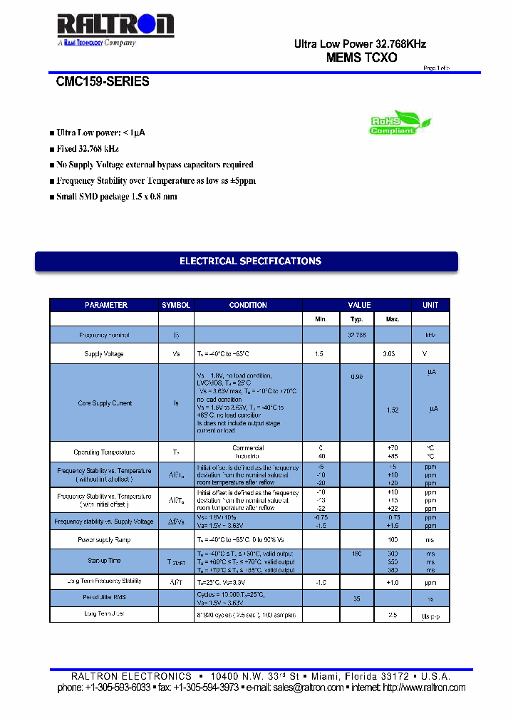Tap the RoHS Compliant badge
coord(394,123)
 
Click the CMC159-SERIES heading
coord(103,82)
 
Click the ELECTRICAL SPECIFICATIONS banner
coord(247,261)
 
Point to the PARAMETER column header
coord(105,305)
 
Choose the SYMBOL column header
coord(176,305)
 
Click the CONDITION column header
coord(248,305)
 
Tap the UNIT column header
coord(430,305)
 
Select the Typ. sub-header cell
coord(356,319)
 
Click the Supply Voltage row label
coord(104,354)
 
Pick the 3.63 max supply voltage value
coord(389,354)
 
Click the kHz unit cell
coord(430,335)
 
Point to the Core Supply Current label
coord(105,403)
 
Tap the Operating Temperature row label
coord(104,452)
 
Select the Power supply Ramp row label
coord(104,540)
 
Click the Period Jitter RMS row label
coord(104,596)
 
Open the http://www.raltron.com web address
coord(424,688)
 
